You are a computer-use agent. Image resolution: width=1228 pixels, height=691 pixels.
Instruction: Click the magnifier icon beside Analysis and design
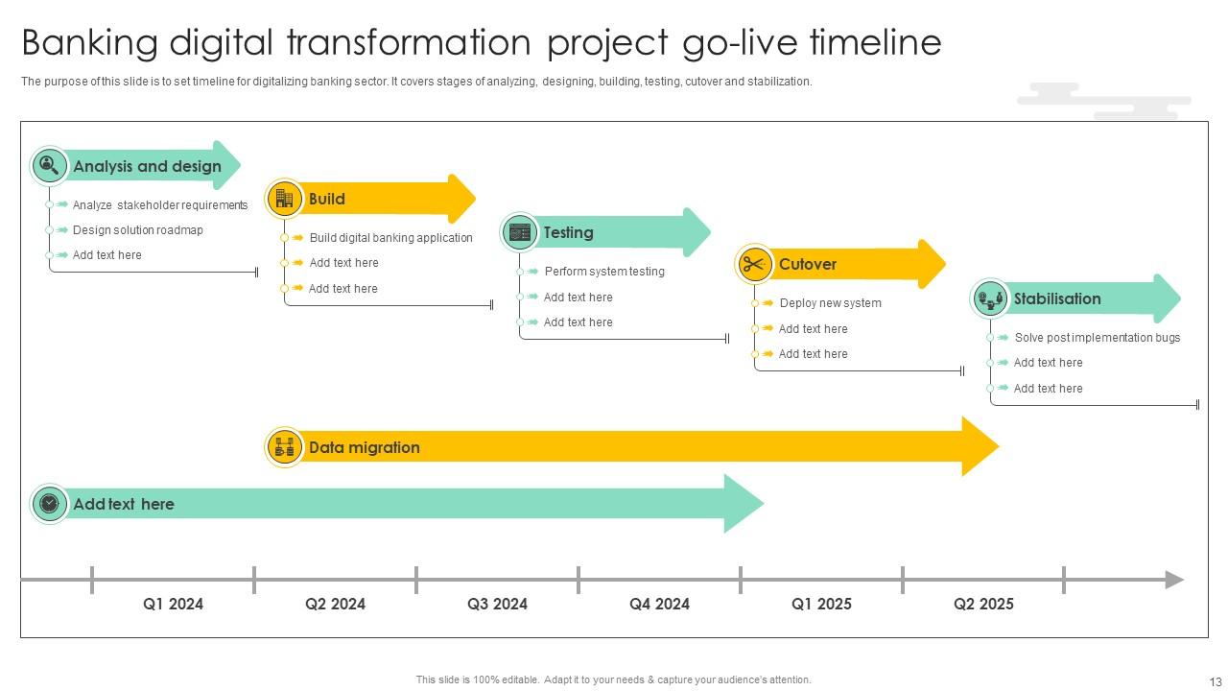[x=49, y=166]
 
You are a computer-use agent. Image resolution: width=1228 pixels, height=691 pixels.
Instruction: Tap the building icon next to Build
[x=284, y=199]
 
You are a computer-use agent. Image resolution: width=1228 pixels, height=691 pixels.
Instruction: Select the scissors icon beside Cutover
[x=755, y=264]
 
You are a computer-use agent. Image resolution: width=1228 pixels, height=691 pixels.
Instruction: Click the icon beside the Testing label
[x=520, y=232]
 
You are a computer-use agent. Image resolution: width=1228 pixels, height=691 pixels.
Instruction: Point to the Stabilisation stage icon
[x=990, y=298]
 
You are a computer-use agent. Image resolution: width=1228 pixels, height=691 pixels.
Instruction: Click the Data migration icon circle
[x=284, y=447]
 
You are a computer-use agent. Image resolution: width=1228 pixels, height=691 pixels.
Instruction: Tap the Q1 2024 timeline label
[x=173, y=604]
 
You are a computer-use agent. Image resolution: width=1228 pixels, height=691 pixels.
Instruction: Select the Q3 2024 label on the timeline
[x=497, y=604]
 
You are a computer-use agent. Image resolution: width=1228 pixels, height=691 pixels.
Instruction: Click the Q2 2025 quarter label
[x=983, y=604]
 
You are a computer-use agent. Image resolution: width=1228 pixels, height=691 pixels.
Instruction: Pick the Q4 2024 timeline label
[x=659, y=604]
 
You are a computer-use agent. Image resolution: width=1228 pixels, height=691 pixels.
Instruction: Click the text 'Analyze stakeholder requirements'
[x=160, y=205]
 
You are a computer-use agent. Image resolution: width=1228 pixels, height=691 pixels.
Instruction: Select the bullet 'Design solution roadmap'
[x=137, y=230]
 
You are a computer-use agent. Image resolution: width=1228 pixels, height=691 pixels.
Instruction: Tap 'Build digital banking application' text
[x=390, y=238]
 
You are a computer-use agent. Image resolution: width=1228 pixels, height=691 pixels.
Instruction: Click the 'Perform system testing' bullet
[x=604, y=272]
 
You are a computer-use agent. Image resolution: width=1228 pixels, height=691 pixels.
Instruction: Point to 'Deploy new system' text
[x=830, y=303]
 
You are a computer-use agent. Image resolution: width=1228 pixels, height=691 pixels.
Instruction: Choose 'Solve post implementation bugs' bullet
[x=1097, y=338]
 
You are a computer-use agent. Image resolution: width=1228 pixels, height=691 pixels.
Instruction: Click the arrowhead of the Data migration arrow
[x=980, y=446]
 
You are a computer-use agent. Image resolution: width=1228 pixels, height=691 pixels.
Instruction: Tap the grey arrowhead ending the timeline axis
[x=1174, y=580]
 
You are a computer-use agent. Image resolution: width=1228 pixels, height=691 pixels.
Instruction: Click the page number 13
[x=1216, y=682]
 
